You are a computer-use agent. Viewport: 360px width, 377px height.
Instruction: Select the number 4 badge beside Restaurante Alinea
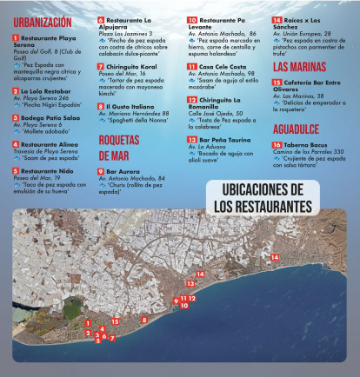coord(16,144)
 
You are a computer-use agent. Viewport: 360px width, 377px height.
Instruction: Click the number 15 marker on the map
coord(115,321)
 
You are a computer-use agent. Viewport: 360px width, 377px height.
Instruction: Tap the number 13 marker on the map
coord(190,284)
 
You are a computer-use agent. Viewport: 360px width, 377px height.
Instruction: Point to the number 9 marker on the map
coord(176,302)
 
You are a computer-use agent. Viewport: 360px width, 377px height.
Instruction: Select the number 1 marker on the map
coord(87,323)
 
